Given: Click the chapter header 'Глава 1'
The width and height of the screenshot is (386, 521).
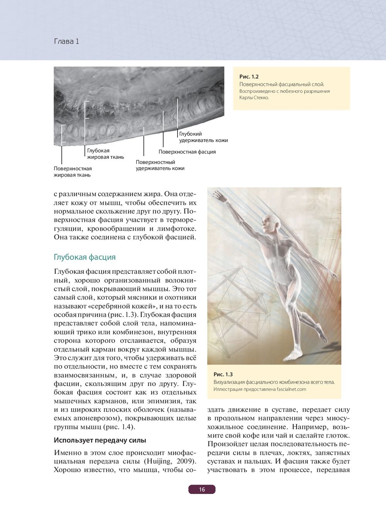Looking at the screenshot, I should click(66, 41).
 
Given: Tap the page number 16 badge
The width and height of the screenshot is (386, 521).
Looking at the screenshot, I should click(202, 490).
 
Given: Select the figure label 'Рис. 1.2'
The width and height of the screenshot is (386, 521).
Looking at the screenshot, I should click(249, 76).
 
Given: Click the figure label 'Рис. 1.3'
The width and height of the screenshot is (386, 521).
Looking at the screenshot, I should click(223, 374).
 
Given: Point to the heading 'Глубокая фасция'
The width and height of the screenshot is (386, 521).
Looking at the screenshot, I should click(85, 257).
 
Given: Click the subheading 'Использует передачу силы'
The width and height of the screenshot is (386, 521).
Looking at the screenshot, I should click(100, 440).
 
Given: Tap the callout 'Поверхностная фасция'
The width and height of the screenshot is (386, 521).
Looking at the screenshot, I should click(187, 152).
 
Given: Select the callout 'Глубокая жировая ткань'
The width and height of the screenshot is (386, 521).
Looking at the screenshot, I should click(105, 154).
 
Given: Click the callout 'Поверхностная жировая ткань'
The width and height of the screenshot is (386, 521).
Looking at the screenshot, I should click(73, 172).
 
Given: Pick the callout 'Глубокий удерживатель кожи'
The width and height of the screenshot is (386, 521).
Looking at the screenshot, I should click(203, 137).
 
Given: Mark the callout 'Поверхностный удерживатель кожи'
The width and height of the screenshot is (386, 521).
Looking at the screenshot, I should click(160, 165).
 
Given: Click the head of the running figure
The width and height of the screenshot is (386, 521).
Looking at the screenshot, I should click(268, 223).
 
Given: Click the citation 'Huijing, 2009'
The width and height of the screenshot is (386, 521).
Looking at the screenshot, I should click(170, 462).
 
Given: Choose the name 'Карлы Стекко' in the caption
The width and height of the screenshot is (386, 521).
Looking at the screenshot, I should click(254, 98).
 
